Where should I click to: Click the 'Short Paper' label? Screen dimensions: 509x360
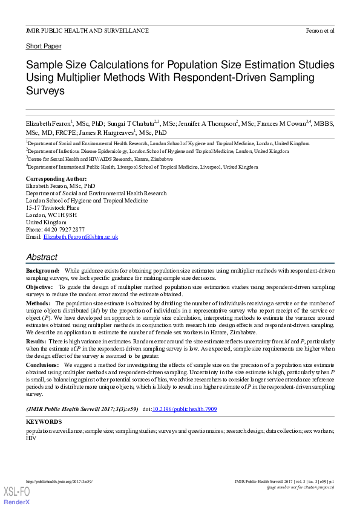[44, 46]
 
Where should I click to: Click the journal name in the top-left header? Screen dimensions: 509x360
[87, 30]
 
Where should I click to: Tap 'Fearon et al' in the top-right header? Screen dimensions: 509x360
[320, 30]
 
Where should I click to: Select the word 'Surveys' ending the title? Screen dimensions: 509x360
[45, 91]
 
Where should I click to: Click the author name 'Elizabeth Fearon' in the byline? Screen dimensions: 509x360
[49, 123]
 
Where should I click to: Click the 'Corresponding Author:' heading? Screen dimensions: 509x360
[56, 179]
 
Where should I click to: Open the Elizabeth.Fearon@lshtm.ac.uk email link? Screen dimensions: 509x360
[80, 237]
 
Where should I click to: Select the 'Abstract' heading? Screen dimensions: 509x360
[42, 257]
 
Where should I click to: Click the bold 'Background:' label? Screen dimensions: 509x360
[42, 270]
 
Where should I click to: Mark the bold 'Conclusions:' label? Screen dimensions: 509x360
[44, 366]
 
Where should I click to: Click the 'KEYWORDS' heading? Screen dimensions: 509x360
[44, 421]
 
